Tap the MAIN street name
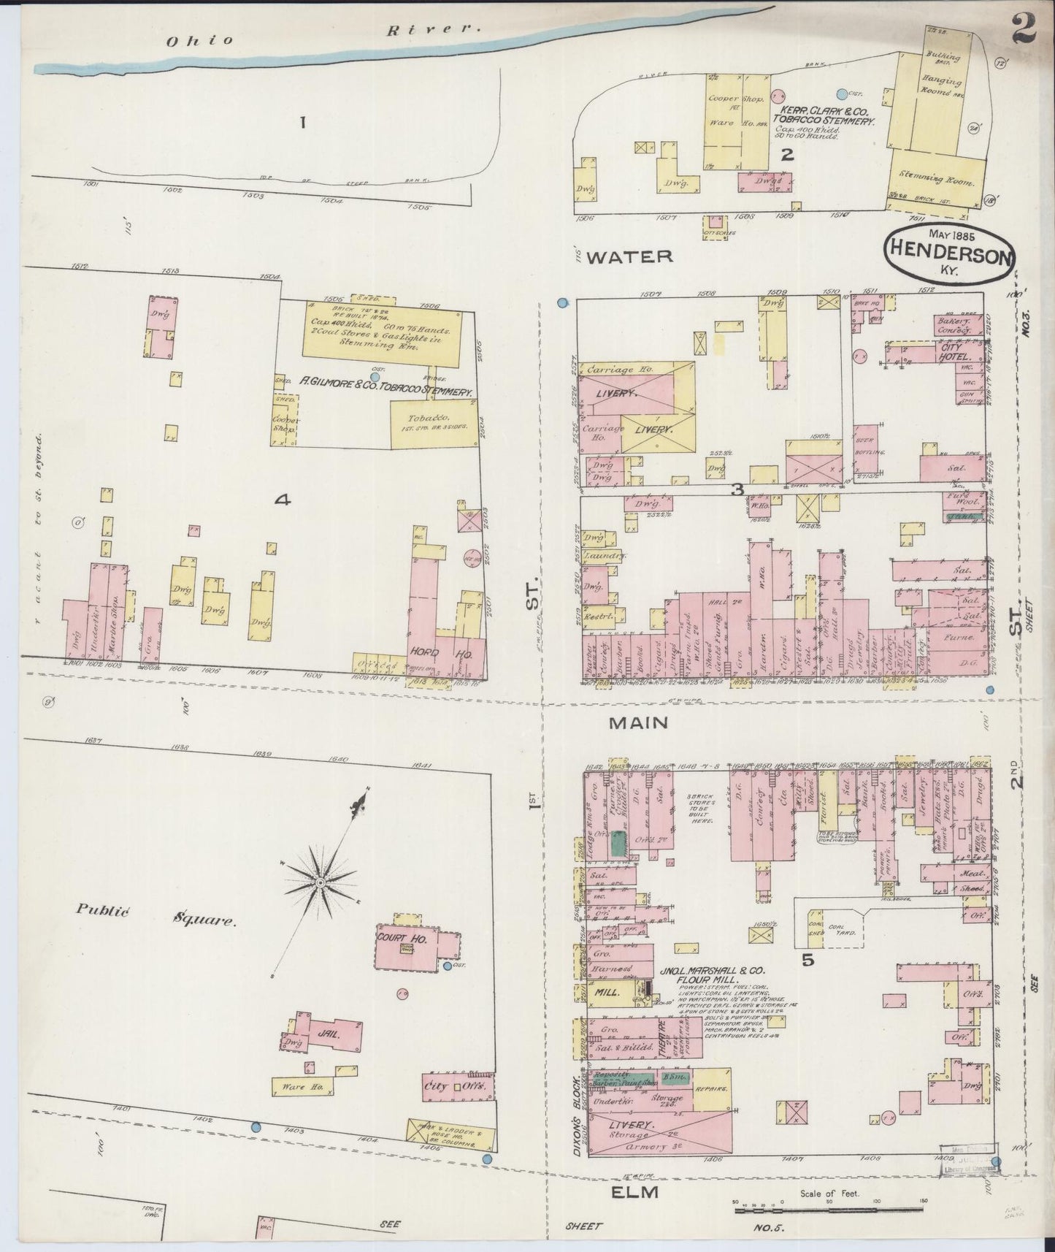[x=639, y=722]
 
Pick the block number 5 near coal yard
[x=808, y=960]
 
